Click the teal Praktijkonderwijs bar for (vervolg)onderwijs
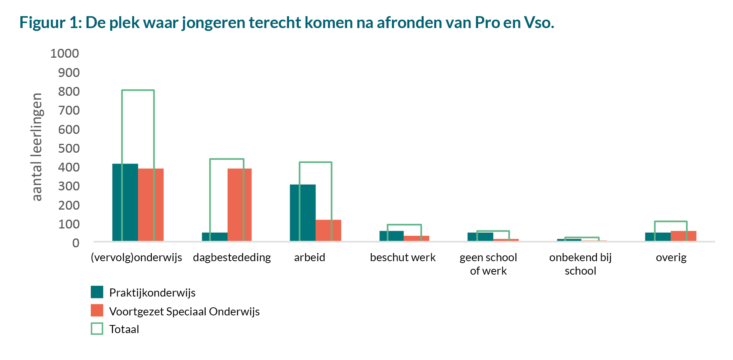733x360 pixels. [125, 202]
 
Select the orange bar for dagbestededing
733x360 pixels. [239, 205]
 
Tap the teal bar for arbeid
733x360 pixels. [303, 213]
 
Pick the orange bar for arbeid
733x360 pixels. [328, 230]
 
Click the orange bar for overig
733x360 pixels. [683, 236]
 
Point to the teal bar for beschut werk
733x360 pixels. [391, 236]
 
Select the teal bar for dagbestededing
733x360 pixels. [214, 237]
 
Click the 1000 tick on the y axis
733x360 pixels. [65, 53]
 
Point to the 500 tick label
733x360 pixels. [69, 148]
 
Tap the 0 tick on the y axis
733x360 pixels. [76, 243]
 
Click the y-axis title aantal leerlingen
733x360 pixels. [37, 147]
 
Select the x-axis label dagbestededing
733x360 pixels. [232, 257]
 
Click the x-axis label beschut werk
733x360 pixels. [402, 257]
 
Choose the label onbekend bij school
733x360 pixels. [580, 264]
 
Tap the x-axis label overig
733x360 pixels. [671, 257]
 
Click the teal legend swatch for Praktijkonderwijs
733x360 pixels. [97, 292]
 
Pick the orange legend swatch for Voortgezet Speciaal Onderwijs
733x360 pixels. [97, 310]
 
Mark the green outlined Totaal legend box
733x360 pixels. [97, 328]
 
